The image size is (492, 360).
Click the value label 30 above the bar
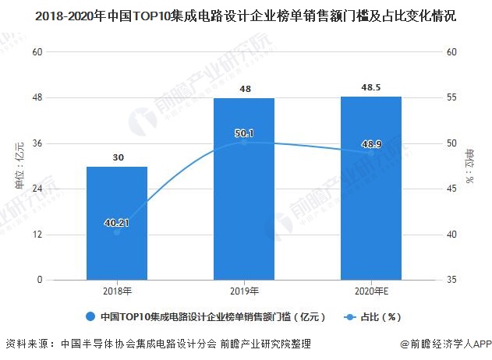pyautogui.click(x=118, y=157)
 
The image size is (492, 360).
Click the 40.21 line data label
pyautogui.click(x=117, y=223)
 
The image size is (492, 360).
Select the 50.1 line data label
pyautogui.click(x=244, y=133)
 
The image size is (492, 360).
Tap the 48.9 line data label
pyautogui.click(x=371, y=145)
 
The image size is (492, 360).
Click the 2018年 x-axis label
pyautogui.click(x=116, y=291)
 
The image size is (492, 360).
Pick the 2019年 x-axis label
pyautogui.click(x=244, y=291)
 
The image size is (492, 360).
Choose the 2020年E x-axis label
pyautogui.click(x=371, y=291)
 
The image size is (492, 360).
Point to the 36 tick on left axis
pyautogui.click(x=36, y=143)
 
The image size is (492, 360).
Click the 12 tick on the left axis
pyautogui.click(x=36, y=235)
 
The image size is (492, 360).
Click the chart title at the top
pyautogui.click(x=246, y=16)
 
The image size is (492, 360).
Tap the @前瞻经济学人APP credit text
pyautogui.click(x=443, y=344)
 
